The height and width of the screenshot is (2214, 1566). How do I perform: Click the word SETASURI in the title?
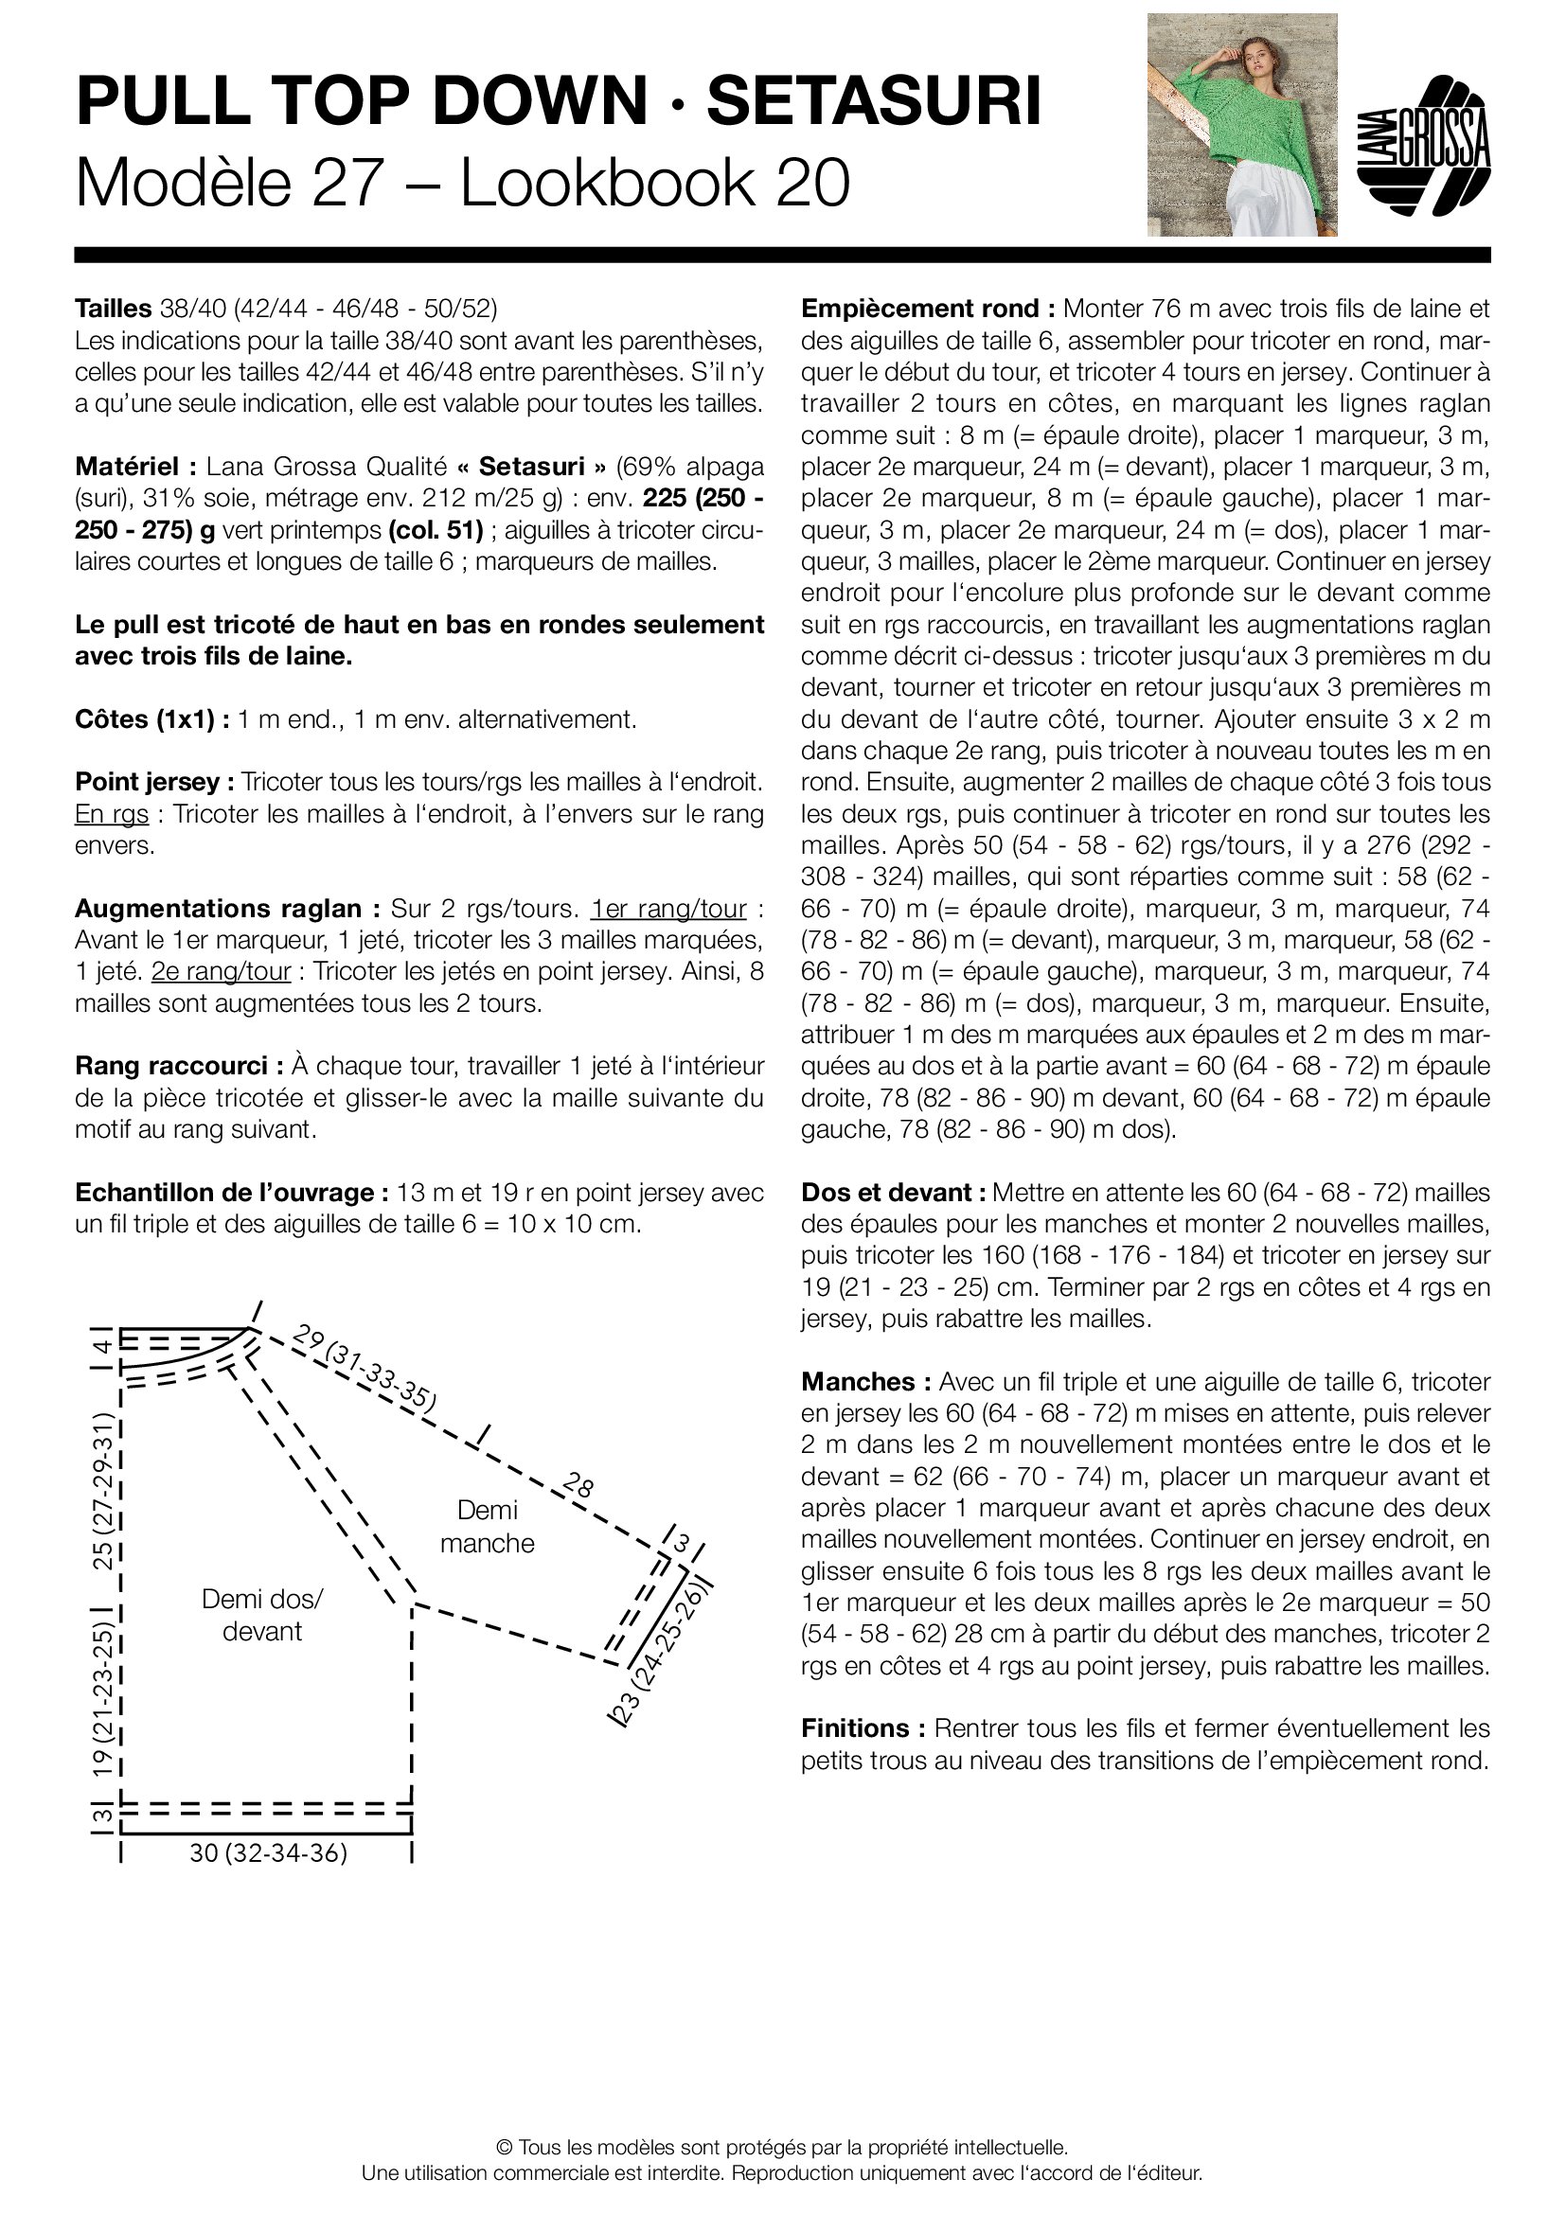tap(874, 101)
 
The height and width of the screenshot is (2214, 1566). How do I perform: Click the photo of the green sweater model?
tap(1241, 124)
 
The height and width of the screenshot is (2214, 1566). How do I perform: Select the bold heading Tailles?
tap(114, 309)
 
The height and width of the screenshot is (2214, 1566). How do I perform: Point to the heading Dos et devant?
tap(893, 1192)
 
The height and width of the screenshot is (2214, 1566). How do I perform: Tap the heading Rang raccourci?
tap(178, 1066)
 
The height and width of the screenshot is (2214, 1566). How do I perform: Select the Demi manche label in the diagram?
tap(487, 1527)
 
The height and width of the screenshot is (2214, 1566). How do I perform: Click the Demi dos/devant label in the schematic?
tap(262, 1615)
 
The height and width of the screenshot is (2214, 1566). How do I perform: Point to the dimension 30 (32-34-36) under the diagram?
tap(268, 1853)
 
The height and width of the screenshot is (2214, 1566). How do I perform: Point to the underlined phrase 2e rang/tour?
tap(221, 971)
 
